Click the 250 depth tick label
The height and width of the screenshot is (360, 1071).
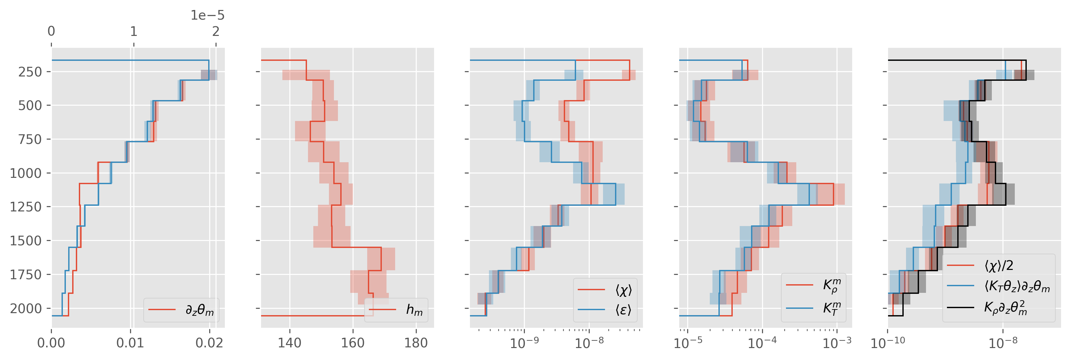pyautogui.click(x=30, y=72)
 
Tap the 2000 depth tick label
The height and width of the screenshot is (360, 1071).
pyautogui.click(x=26, y=308)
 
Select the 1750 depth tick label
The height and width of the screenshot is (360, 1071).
pyautogui.click(x=26, y=274)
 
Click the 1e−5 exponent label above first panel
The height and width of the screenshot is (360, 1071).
pyautogui.click(x=207, y=15)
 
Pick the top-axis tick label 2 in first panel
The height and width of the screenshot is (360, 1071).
pyautogui.click(x=216, y=31)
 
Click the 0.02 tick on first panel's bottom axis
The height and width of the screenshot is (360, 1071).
pyautogui.click(x=210, y=343)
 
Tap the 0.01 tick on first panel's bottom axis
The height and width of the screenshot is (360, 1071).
pyautogui.click(x=130, y=343)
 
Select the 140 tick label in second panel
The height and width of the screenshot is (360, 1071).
pyautogui.click(x=289, y=343)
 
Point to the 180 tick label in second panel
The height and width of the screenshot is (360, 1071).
pyautogui.click(x=416, y=343)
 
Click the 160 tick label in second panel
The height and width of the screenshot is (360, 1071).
pyautogui.click(x=353, y=343)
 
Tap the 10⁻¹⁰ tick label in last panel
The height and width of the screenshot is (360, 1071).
pyautogui.click(x=888, y=343)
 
